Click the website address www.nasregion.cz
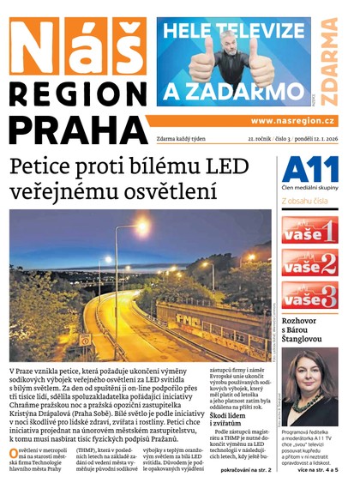293,121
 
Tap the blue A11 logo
309,169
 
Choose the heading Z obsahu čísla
308,202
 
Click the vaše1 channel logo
309,229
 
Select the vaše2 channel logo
309,262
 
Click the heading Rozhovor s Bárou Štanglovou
309,330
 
